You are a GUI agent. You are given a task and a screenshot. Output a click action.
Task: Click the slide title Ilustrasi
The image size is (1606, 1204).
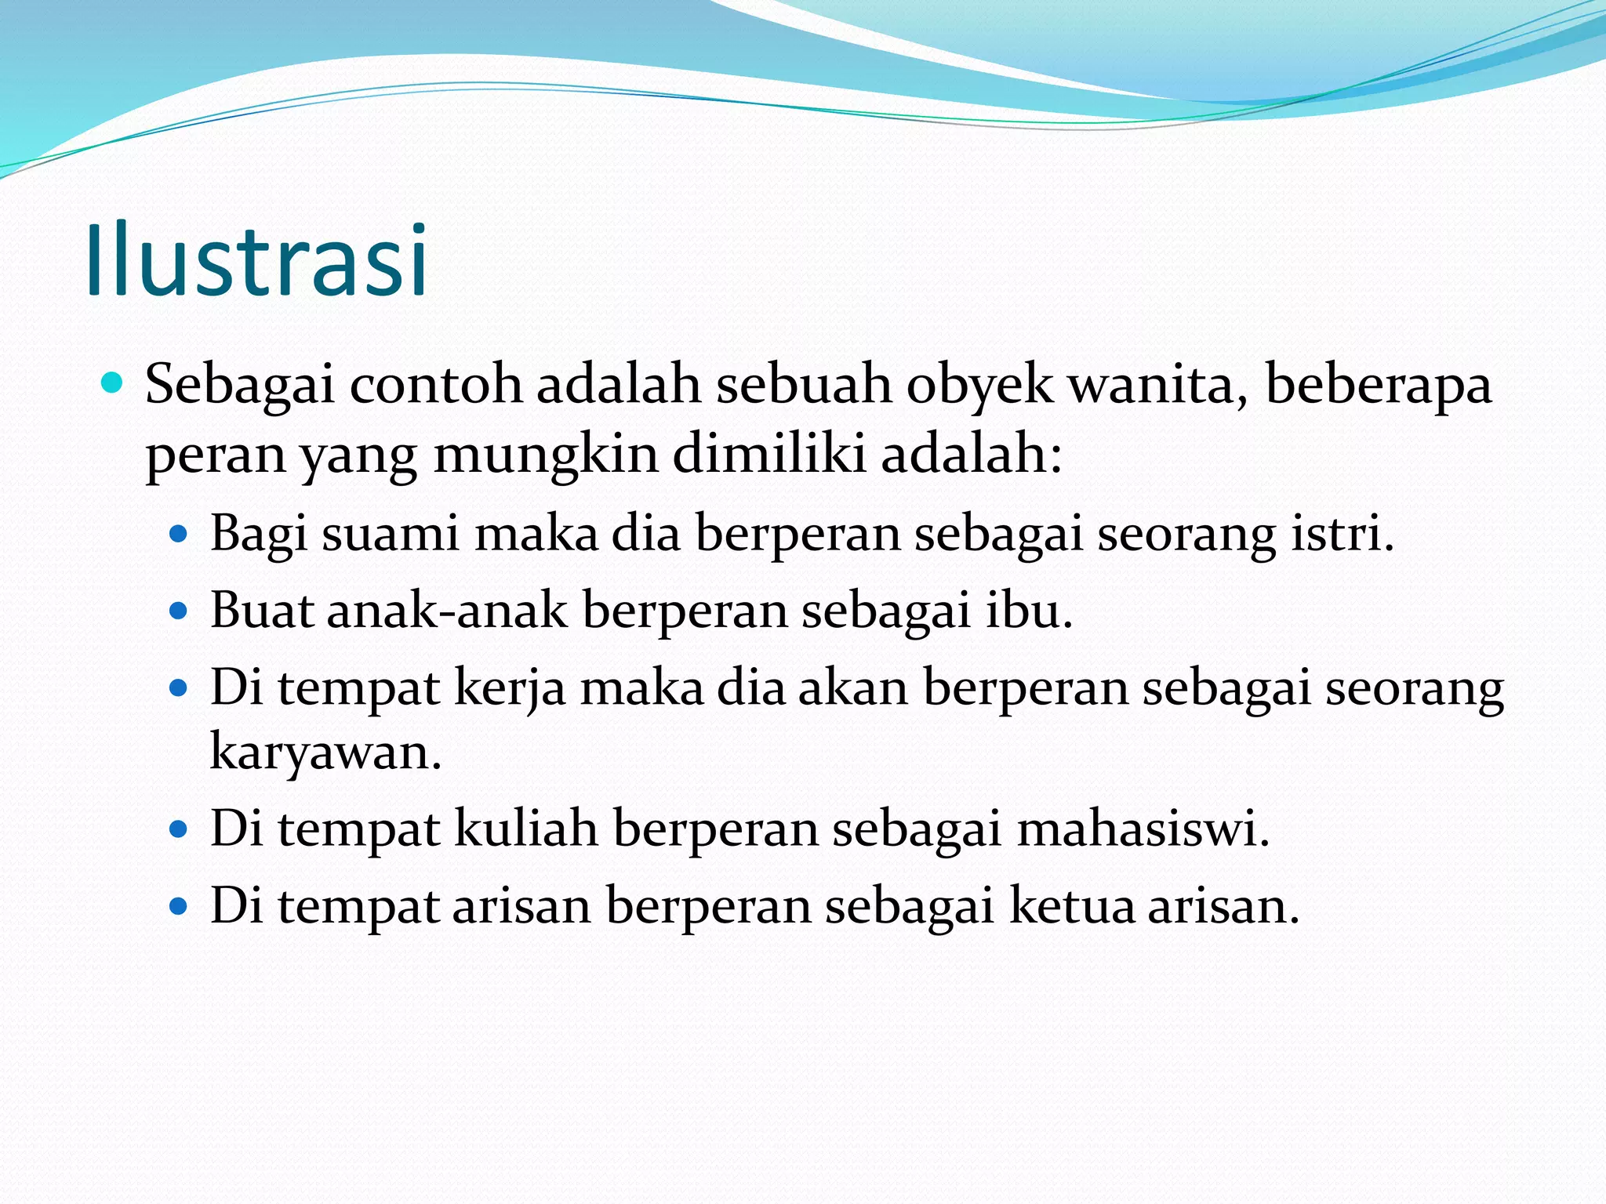[x=256, y=260]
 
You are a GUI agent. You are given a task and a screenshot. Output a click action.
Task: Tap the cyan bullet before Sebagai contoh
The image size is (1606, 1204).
[x=113, y=383]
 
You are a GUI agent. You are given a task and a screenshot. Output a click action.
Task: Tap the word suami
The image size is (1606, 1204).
[x=390, y=534]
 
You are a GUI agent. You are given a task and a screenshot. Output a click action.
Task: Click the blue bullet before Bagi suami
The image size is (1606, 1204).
[x=180, y=535]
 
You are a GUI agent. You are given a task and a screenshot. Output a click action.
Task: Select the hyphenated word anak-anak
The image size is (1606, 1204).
[x=447, y=611]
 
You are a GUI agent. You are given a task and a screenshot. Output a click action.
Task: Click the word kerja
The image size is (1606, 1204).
[x=510, y=688]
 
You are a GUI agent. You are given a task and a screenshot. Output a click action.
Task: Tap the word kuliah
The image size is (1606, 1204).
[x=526, y=829]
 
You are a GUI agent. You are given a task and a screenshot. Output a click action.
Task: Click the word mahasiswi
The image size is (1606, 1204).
[x=1143, y=829]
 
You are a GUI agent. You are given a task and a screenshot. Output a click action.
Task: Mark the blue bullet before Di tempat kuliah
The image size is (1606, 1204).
[x=180, y=830]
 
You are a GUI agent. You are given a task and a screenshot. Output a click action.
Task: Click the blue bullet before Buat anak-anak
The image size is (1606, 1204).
[x=180, y=612]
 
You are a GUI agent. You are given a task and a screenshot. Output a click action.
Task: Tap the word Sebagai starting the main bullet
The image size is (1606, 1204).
[x=240, y=386]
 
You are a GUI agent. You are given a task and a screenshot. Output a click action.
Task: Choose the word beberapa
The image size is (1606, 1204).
[x=1378, y=386]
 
